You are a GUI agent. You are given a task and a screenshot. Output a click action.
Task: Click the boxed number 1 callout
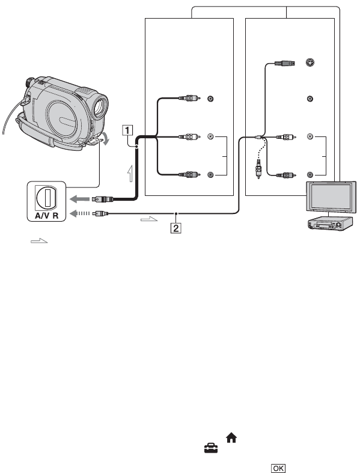pos(127,130)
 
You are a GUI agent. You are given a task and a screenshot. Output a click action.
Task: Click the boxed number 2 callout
pos(175,228)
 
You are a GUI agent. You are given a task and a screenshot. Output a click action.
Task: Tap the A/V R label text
pos(46,216)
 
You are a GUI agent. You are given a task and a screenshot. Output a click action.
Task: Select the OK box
pos(278,468)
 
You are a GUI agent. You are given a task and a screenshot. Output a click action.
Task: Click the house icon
pos(231,438)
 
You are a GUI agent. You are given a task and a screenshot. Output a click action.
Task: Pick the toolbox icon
pos(211,448)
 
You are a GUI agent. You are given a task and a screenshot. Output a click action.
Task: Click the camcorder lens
pos(100,106)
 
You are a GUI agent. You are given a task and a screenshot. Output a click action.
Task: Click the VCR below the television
pos(329,224)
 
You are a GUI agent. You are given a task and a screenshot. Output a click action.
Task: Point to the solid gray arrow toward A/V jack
pos(80,199)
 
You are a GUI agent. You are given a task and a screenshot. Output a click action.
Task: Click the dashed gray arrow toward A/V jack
pos(80,213)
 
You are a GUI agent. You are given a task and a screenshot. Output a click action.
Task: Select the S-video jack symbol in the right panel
pos(310,63)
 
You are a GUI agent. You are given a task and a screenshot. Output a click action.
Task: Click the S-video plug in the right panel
pos(285,63)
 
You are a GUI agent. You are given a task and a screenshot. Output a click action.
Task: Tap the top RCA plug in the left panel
pos(189,98)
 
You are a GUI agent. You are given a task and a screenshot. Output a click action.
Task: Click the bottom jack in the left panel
pos(210,174)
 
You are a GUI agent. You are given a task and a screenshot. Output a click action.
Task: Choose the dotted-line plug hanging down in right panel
pos(258,169)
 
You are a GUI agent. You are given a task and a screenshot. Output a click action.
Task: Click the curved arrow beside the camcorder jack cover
pos(106,139)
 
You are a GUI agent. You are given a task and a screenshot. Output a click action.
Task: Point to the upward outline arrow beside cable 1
pos(130,174)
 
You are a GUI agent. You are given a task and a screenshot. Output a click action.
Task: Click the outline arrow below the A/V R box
pos(39,240)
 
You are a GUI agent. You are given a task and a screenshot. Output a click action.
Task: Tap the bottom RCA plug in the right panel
pos(286,175)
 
